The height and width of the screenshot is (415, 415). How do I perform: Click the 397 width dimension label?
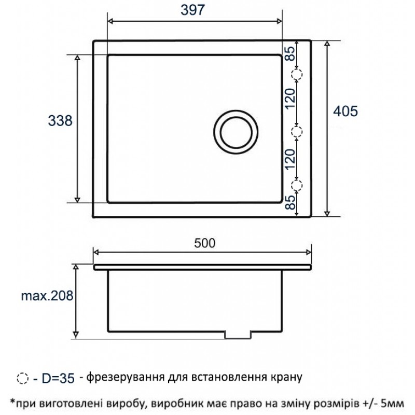point(192,10)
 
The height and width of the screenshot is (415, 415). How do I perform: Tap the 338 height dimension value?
point(60,121)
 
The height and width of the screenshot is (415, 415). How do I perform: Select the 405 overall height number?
point(345,111)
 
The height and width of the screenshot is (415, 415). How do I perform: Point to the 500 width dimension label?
point(204,243)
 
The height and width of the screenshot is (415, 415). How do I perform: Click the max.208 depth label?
point(47,295)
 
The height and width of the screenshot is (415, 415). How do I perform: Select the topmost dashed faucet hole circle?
point(297,75)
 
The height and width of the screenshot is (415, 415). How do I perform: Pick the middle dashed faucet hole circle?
point(297,132)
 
